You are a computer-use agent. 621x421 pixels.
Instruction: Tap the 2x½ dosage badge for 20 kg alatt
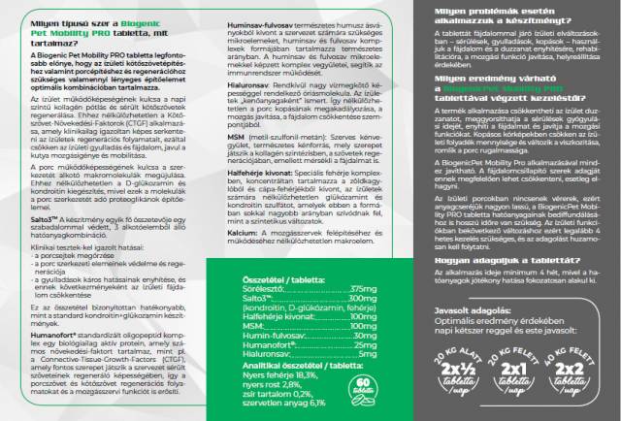coord(466,375)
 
